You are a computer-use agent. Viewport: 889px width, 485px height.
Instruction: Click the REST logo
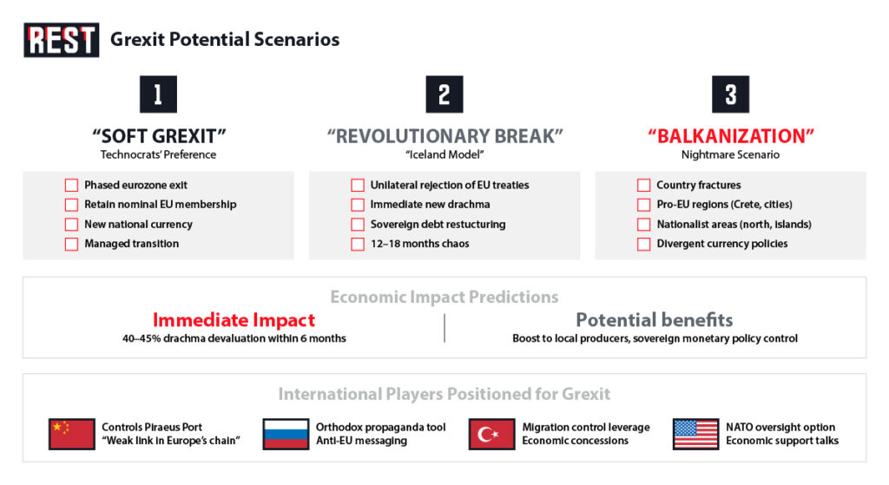pyautogui.click(x=62, y=40)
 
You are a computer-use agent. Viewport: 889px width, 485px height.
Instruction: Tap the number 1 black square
pyautogui.click(x=158, y=94)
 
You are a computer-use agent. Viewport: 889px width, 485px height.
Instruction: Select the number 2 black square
pyautogui.click(x=444, y=94)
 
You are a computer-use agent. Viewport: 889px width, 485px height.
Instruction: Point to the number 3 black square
pyautogui.click(x=730, y=94)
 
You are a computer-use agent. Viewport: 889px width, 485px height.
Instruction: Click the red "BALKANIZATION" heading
pyautogui.click(x=730, y=136)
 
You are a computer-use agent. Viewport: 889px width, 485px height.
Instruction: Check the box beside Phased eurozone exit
pyautogui.click(x=71, y=186)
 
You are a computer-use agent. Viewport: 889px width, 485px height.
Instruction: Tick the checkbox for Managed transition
pyautogui.click(x=71, y=244)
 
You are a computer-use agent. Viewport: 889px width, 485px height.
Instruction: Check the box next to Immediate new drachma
pyautogui.click(x=358, y=205)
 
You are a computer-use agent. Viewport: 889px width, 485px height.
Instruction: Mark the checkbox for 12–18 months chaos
pyautogui.click(x=358, y=244)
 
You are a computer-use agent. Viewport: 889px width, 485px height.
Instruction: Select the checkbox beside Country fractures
pyautogui.click(x=643, y=186)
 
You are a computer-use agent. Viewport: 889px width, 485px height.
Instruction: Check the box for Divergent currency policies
pyautogui.click(x=643, y=244)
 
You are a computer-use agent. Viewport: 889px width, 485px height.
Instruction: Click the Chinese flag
pyautogui.click(x=71, y=434)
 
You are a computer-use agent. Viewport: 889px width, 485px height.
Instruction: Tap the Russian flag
pyautogui.click(x=286, y=434)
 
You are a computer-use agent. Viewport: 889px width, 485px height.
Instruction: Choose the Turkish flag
pyautogui.click(x=492, y=434)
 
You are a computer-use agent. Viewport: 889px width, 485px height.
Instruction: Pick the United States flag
pyautogui.click(x=695, y=434)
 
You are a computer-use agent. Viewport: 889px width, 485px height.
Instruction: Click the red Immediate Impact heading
pyautogui.click(x=234, y=320)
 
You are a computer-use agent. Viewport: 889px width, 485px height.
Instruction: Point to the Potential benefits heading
pyautogui.click(x=655, y=320)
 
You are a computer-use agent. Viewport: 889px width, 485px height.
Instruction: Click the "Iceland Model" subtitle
pyautogui.click(x=444, y=154)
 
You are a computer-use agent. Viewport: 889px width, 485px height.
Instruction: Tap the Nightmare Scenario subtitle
pyautogui.click(x=730, y=154)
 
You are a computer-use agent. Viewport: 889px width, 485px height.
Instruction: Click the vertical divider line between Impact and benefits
pyautogui.click(x=444, y=329)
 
